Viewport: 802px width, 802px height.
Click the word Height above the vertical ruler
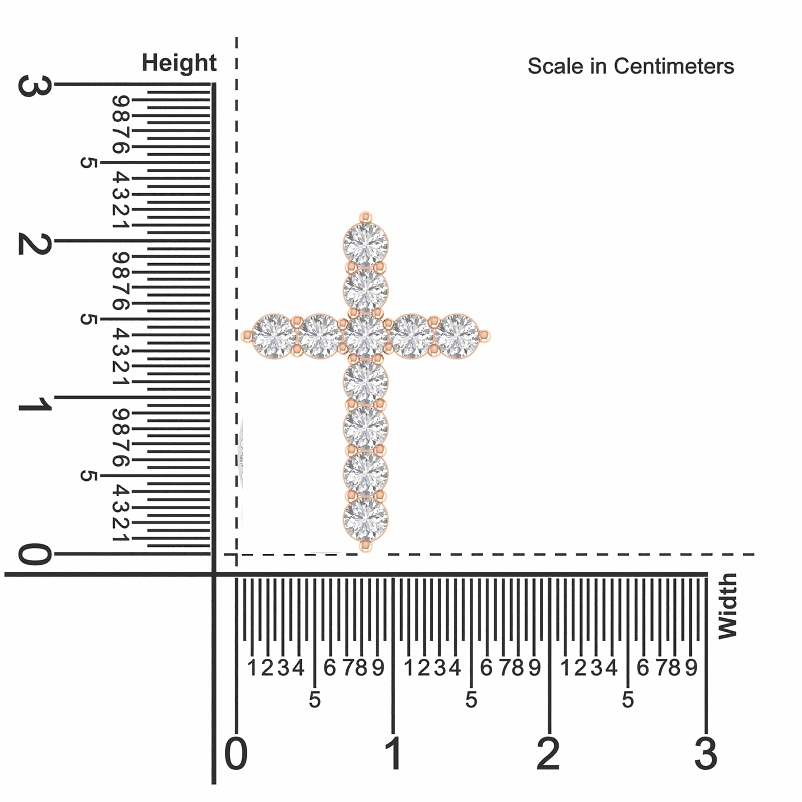(x=179, y=63)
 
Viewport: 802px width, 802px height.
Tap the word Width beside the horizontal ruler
(x=728, y=607)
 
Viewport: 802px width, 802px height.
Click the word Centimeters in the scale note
(x=674, y=66)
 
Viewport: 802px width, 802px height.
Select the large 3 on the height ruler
(x=35, y=86)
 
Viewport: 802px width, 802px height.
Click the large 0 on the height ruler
(x=35, y=554)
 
